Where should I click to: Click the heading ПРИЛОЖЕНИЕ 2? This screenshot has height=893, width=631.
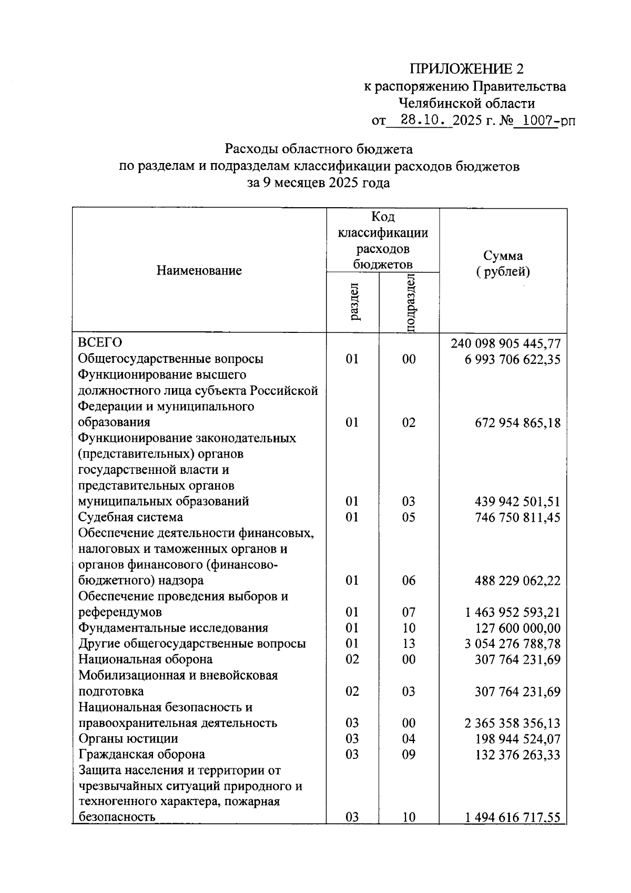coord(466,69)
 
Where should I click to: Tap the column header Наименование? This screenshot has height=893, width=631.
coord(199,270)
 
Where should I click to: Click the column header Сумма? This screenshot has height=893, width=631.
coord(503,256)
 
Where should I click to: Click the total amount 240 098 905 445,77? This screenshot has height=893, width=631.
coord(505,344)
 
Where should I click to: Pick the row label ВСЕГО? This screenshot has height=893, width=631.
coord(100,342)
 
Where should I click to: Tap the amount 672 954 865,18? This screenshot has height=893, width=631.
coord(517,423)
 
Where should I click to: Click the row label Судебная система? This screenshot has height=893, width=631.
coord(130,517)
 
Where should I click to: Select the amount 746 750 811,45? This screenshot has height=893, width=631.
coord(517,517)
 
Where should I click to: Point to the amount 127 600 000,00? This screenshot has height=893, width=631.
coord(517,628)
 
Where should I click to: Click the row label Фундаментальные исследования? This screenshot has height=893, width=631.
coord(173,628)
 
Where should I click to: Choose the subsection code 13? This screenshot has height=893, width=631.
coord(409,644)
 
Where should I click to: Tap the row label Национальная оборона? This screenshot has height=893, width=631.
coord(145,659)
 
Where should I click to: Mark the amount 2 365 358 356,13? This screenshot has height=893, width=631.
coord(512,723)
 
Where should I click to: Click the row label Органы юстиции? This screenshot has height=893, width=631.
coord(128,738)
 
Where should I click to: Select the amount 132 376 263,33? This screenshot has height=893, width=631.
coord(517,755)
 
